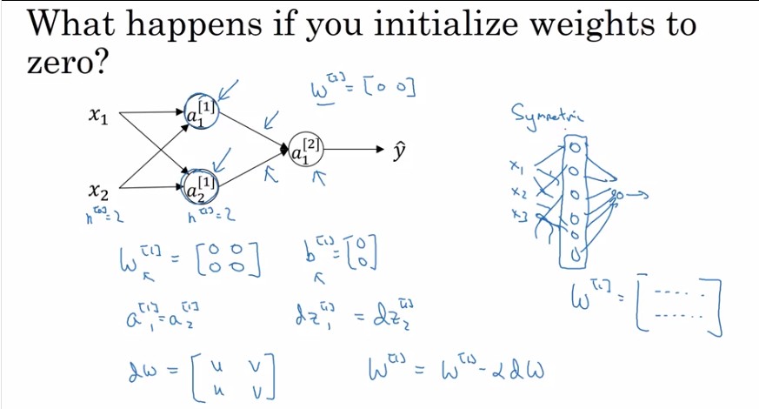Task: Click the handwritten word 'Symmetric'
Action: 548,116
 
